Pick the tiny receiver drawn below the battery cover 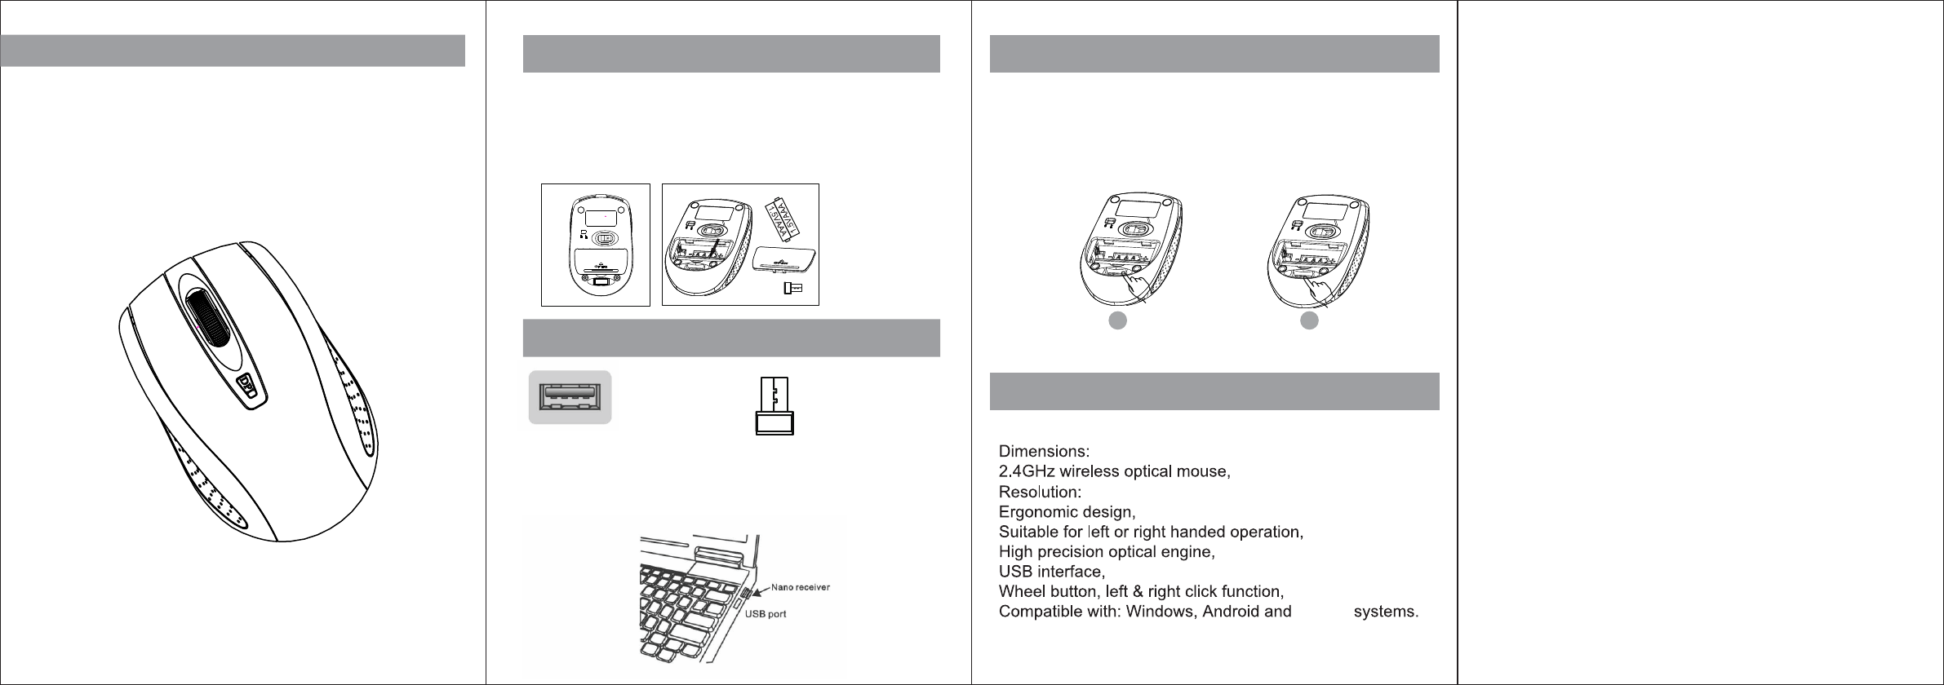[792, 288]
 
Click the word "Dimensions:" [1045, 451]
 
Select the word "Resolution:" [1041, 492]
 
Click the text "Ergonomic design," [1067, 512]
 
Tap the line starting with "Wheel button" [1143, 591]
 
